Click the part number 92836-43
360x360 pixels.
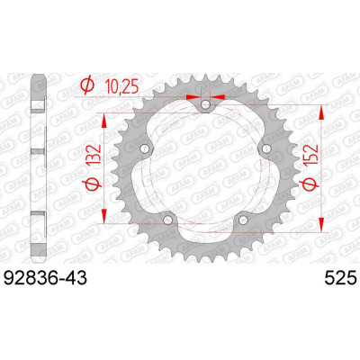click(x=45, y=278)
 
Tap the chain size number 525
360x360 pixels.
click(x=341, y=278)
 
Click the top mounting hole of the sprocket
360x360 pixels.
click(x=206, y=104)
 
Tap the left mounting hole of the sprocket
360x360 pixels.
click(x=145, y=148)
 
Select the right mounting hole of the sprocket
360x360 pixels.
click(x=266, y=148)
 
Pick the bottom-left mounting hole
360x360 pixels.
click(x=168, y=220)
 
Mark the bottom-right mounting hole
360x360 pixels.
click(x=243, y=220)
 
